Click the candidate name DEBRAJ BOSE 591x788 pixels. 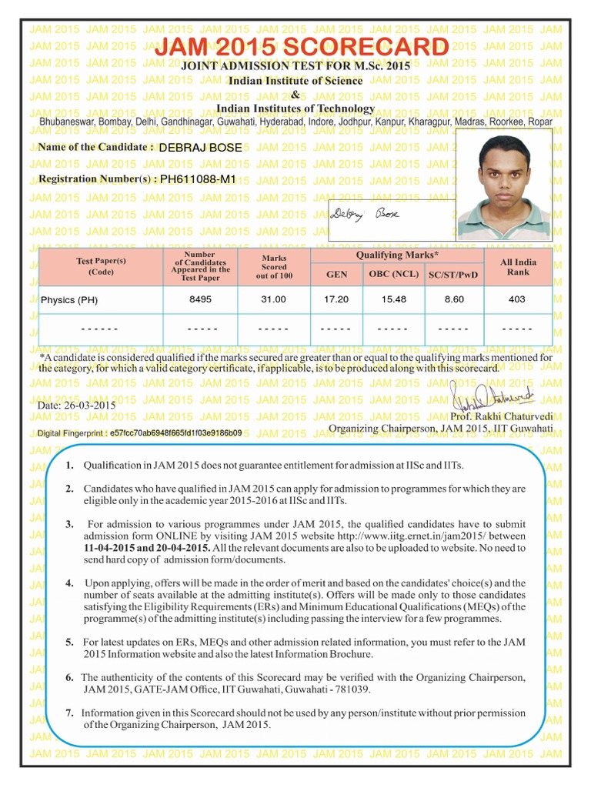[x=200, y=147]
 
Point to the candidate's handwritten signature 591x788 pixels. [x=365, y=214]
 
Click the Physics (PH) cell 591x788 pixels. [x=69, y=300]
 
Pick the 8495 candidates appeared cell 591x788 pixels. [x=200, y=299]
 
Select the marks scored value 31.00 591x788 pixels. [x=274, y=299]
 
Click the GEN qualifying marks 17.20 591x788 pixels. [x=336, y=299]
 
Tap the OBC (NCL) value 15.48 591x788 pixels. [x=394, y=299]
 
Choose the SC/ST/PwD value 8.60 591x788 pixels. [x=454, y=299]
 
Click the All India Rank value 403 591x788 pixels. [x=517, y=299]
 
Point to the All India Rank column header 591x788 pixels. [x=518, y=267]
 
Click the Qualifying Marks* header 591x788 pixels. [x=397, y=255]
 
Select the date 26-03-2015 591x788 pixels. [x=76, y=405]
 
